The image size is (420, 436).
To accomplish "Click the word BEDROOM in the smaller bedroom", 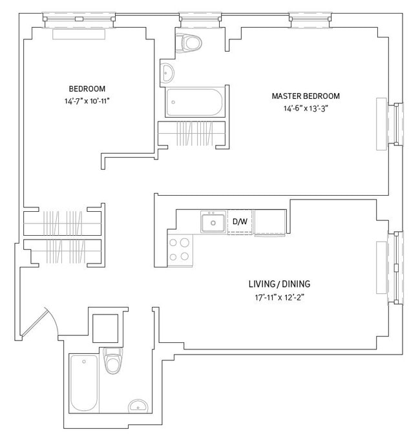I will pyautogui.click(x=87, y=88).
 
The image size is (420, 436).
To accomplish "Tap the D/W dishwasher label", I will pyautogui.click(x=240, y=222).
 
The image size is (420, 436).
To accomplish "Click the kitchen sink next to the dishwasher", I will pyautogui.click(x=212, y=223).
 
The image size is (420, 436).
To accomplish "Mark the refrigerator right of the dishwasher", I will pyautogui.click(x=269, y=222).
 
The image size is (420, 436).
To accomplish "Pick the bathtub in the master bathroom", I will pyautogui.click(x=194, y=102).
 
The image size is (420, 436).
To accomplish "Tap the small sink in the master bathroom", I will pyautogui.click(x=167, y=72).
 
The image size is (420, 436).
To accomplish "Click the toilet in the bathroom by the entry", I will pyautogui.click(x=113, y=361).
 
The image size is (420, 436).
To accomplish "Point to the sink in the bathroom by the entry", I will pyautogui.click(x=137, y=406).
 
